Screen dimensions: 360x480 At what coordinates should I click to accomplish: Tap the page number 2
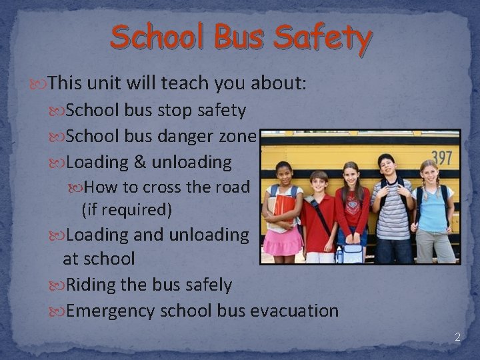pos(457,337)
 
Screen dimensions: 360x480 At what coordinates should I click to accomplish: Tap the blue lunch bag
pos(353,253)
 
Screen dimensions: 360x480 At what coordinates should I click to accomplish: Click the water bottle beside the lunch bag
pos(339,254)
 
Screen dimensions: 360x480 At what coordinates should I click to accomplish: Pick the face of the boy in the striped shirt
pos(387,167)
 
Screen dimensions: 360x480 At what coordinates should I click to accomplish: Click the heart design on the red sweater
pos(353,204)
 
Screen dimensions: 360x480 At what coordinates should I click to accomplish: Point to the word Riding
pos(89,285)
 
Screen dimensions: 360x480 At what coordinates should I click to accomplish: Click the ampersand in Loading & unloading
pos(140,162)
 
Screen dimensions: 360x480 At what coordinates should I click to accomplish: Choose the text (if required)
pos(127,210)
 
